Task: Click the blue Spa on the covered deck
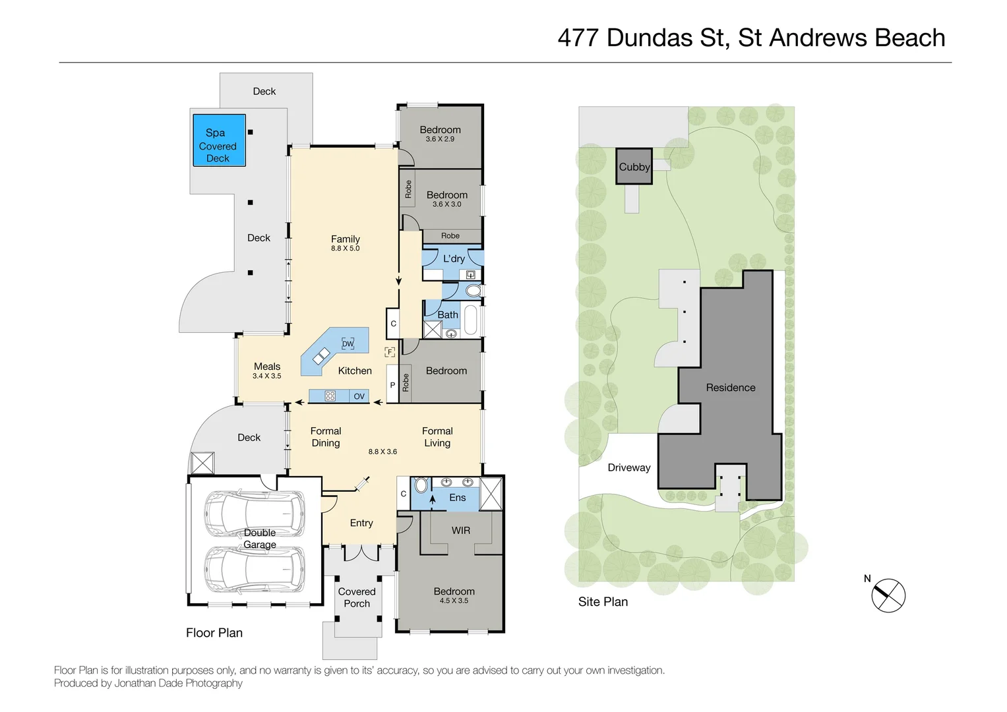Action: [219, 140]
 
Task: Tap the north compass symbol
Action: [888, 595]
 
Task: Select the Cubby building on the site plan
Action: [634, 167]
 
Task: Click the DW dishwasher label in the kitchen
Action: [348, 343]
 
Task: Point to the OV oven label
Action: [359, 396]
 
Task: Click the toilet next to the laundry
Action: [473, 291]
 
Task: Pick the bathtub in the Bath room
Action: [471, 320]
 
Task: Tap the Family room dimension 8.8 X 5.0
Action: [346, 249]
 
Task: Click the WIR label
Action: [461, 531]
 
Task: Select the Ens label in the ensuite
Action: [457, 498]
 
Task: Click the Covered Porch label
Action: [357, 597]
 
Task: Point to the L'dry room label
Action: [454, 258]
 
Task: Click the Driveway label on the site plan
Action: [628, 467]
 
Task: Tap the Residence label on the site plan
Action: [731, 388]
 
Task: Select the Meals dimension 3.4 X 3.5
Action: [266, 376]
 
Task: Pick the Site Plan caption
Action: [603, 602]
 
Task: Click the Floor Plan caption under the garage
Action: [214, 633]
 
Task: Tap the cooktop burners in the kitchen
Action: [330, 396]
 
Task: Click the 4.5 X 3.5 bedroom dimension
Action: [454, 601]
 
